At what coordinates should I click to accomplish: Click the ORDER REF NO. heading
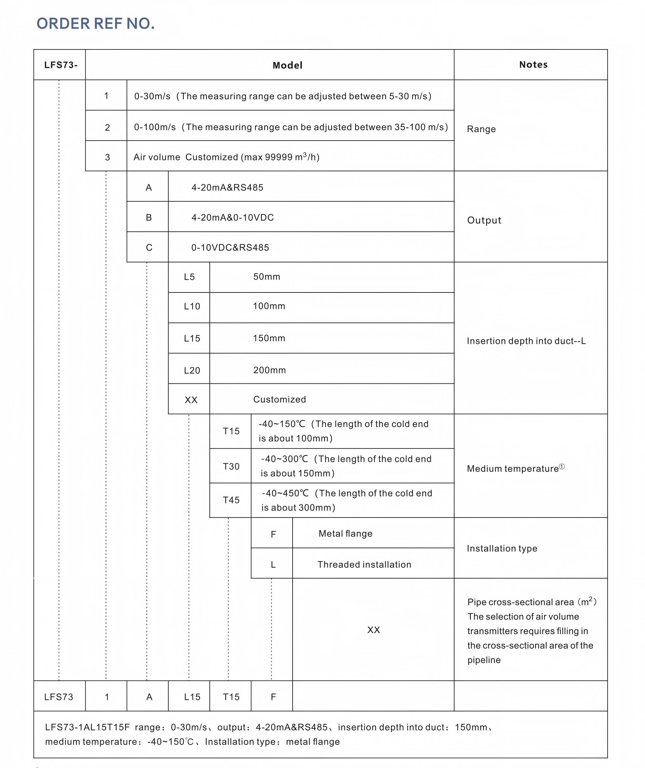(x=96, y=24)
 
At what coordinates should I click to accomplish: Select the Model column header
(x=287, y=65)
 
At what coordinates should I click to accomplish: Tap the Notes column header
(x=533, y=65)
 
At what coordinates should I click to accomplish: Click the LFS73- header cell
(x=61, y=65)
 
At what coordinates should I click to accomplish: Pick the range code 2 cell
(x=107, y=127)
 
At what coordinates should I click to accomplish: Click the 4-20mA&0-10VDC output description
(x=233, y=218)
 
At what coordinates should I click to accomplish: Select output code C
(x=149, y=248)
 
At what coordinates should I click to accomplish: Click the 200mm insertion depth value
(x=269, y=370)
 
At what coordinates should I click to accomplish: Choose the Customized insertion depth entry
(x=279, y=399)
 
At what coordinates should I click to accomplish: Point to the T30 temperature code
(x=231, y=466)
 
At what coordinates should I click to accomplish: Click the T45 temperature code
(x=231, y=500)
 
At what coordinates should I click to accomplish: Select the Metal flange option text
(x=345, y=534)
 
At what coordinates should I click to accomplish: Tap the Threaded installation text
(x=364, y=564)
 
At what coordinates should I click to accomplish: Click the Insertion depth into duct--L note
(x=526, y=341)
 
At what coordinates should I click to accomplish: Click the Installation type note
(x=502, y=548)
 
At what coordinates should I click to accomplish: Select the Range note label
(x=481, y=129)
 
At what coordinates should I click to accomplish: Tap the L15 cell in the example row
(x=192, y=697)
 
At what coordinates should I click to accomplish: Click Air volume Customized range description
(x=226, y=157)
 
